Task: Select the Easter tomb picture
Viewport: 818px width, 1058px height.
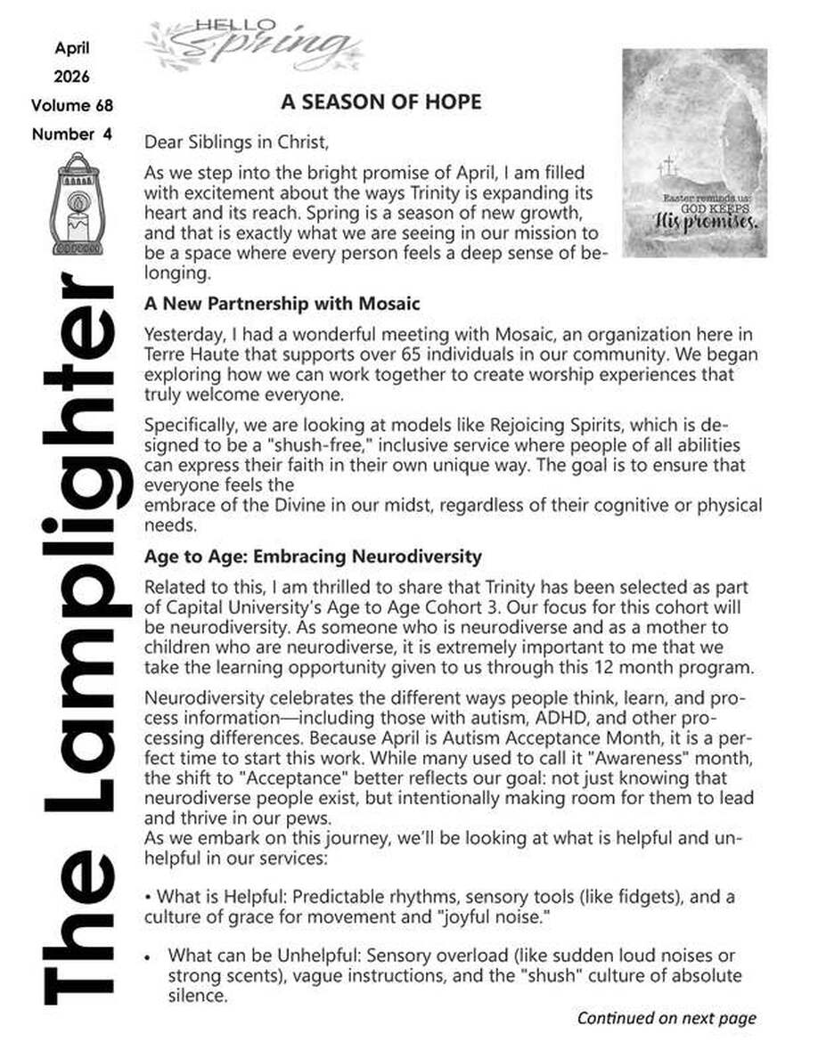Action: click(694, 153)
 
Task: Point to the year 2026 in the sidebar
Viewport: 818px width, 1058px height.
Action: click(72, 77)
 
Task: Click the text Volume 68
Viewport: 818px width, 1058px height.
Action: click(72, 105)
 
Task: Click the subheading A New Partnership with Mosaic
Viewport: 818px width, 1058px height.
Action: click(282, 304)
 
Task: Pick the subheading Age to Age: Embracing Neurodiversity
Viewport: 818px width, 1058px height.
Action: click(313, 557)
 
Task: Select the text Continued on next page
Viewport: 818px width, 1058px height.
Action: click(667, 1017)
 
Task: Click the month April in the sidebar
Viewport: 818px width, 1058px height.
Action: click(72, 48)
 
